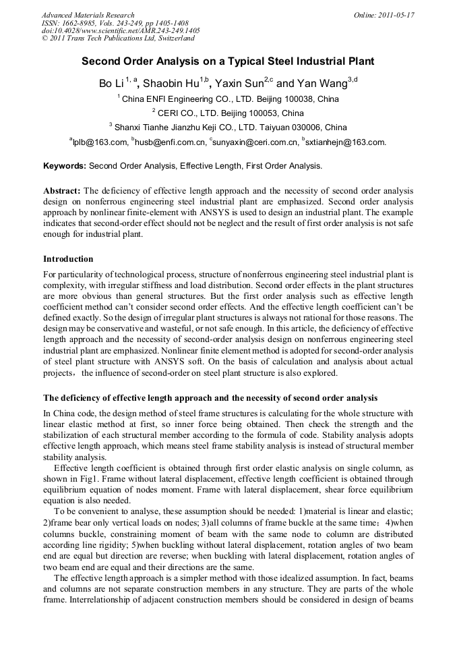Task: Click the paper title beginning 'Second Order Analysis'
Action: tap(228, 61)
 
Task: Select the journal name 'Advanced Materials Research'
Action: tap(88, 15)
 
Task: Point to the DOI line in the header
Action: tap(121, 31)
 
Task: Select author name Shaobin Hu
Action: tap(174, 84)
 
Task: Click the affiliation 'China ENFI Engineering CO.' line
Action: tap(228, 99)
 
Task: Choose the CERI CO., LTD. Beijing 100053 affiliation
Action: tap(228, 113)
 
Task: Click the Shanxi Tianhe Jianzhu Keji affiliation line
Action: tap(228, 127)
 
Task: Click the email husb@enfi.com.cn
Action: tap(171, 142)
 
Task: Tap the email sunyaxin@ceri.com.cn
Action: tap(255, 142)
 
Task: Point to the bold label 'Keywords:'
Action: tap(65, 165)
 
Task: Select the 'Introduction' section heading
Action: tap(68, 259)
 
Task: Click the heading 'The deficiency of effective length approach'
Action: tap(210, 397)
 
